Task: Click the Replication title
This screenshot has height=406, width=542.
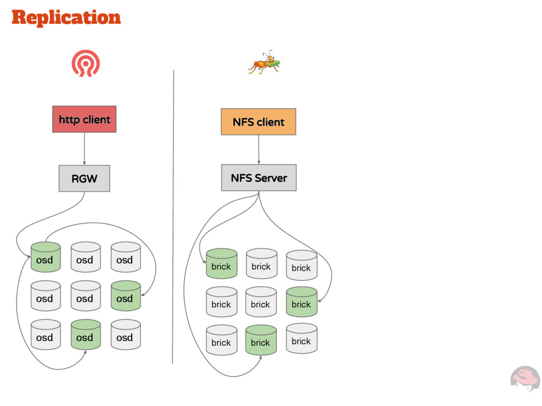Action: point(66,17)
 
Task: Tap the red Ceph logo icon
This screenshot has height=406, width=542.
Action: point(86,63)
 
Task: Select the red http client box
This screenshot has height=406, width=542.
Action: point(84,119)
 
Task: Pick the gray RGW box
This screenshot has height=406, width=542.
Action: point(84,178)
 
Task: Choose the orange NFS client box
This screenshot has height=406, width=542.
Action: point(258,122)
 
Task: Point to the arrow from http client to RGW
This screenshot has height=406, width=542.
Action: point(84,148)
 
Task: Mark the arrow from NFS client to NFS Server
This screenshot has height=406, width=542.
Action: point(258,149)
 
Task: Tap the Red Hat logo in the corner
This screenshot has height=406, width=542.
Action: point(525,378)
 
